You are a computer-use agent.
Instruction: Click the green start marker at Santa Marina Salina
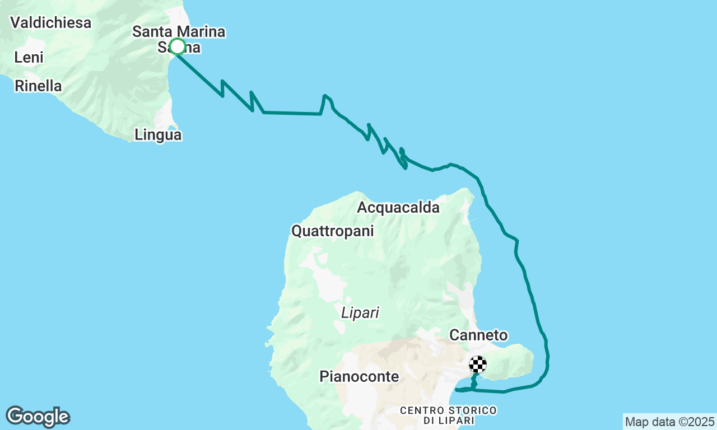[178, 46]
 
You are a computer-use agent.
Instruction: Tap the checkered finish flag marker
[478, 364]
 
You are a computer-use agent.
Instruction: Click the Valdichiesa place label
[50, 23]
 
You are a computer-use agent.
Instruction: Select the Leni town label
[29, 57]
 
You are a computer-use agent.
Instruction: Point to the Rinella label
[38, 86]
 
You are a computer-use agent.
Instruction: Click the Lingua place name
[158, 135]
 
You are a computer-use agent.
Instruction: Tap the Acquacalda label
[398, 208]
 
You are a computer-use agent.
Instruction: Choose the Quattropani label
[332, 231]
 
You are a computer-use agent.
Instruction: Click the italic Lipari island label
[360, 313]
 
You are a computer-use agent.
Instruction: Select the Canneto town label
[479, 335]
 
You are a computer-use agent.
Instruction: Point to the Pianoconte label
[360, 377]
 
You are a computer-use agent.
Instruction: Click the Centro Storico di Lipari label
[448, 415]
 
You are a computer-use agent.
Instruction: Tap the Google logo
[38, 417]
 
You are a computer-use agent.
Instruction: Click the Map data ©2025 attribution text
[670, 422]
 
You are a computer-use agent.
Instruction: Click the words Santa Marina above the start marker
[179, 32]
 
